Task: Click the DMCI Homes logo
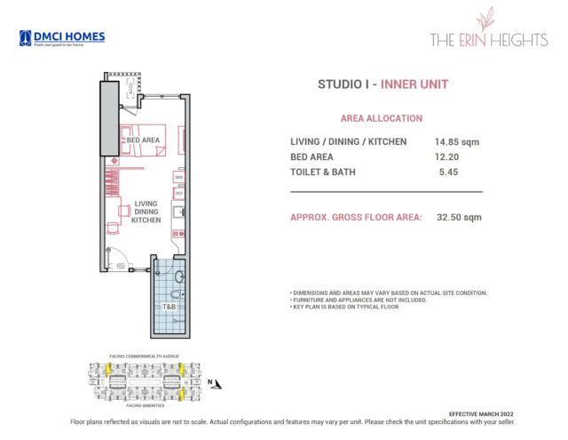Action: (62, 38)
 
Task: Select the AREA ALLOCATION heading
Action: (382, 118)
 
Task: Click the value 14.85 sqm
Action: (458, 141)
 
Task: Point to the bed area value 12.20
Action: (447, 156)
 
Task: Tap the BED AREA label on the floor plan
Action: (142, 140)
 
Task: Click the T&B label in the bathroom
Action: (168, 307)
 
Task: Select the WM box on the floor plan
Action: (178, 178)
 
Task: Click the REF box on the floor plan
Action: (178, 193)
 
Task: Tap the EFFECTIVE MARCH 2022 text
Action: (481, 414)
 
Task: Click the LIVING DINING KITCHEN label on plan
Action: (146, 212)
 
